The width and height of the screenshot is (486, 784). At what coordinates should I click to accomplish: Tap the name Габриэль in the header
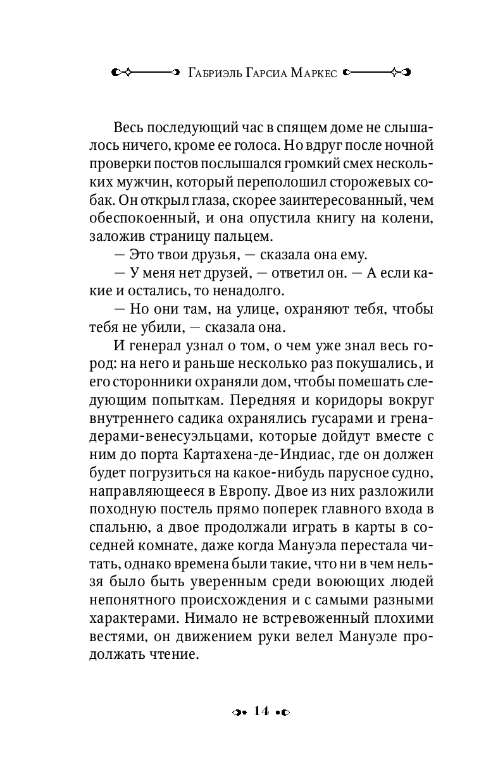tap(215, 72)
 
